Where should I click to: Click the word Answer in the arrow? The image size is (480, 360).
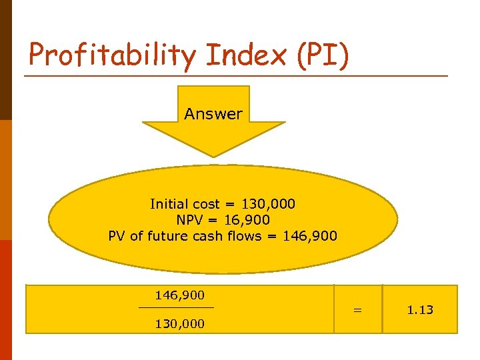(x=213, y=114)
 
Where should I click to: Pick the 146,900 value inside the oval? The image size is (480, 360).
(x=311, y=235)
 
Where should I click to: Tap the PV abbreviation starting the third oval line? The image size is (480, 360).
(x=117, y=235)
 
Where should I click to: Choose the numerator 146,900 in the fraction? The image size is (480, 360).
(x=179, y=294)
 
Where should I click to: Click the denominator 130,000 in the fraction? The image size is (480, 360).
(x=179, y=324)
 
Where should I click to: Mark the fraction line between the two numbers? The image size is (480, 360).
(x=177, y=307)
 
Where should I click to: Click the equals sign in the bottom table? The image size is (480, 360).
(x=358, y=310)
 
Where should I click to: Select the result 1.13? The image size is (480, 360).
(x=420, y=310)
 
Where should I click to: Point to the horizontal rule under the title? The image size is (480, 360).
(x=237, y=75)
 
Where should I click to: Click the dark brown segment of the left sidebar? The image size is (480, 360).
(x=6, y=60)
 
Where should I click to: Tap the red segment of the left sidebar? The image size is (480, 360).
(x=6, y=300)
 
